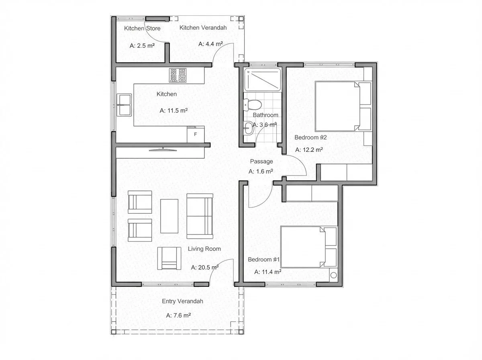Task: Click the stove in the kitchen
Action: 178,75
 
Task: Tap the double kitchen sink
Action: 124,104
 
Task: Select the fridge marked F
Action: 196,134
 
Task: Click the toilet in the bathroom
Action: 253,105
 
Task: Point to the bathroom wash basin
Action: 248,129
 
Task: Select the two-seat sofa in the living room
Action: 200,216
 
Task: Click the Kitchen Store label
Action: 142,29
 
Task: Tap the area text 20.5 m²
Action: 204,267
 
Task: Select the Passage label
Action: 261,162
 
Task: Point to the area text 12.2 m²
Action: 309,150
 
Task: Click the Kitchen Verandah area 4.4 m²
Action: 210,44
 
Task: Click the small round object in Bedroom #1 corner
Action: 333,276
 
